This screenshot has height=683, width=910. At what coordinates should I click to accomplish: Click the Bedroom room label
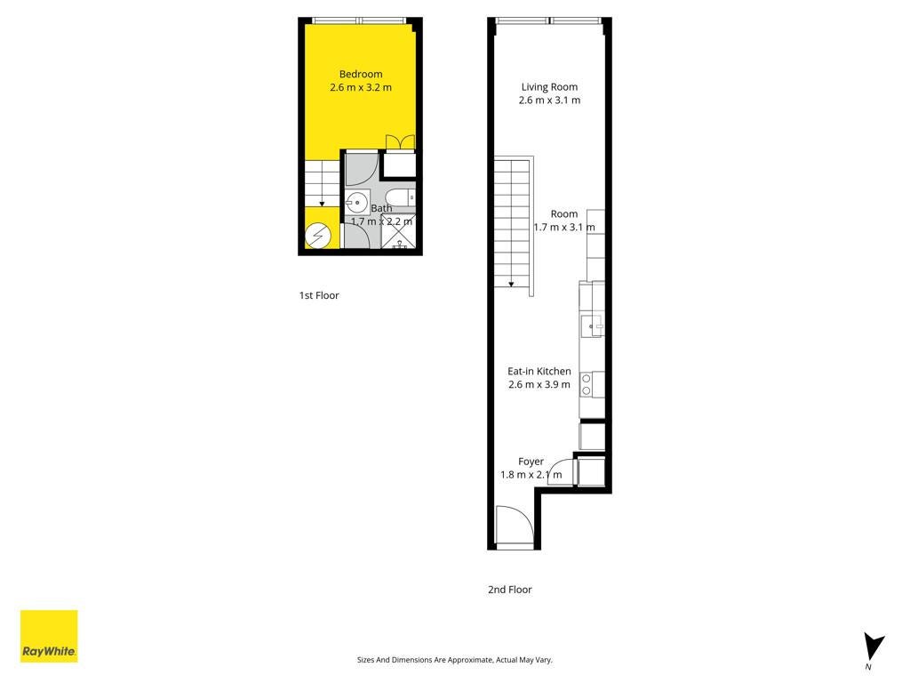361,75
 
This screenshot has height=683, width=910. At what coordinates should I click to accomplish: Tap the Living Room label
549,87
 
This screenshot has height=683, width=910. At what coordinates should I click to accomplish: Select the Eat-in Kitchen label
539,371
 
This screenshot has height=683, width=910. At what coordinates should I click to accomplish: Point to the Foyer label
531,462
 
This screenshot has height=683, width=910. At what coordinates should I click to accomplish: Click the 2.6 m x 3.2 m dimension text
361,88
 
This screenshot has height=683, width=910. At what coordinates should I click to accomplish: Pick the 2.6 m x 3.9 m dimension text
539,384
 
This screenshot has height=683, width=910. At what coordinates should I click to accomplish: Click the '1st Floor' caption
319,295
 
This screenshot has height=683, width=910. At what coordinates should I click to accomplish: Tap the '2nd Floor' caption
509,590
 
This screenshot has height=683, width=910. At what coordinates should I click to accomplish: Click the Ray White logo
49,636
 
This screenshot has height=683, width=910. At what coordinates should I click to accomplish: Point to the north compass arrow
873,647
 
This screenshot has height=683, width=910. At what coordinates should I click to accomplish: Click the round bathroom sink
357,203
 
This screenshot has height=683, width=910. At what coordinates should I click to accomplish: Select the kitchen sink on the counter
592,326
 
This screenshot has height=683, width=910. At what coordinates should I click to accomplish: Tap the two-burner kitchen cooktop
587,384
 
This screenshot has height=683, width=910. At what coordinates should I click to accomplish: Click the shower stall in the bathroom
398,231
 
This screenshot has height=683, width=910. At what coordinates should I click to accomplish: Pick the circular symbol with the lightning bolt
318,237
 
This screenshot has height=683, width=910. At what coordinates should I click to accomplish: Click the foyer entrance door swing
515,525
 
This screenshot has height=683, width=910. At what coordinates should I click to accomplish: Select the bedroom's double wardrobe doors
401,143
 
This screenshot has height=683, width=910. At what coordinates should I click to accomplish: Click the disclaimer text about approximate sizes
454,660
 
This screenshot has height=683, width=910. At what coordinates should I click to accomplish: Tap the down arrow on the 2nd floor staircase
511,284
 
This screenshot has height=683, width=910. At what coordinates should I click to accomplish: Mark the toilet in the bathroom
401,197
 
